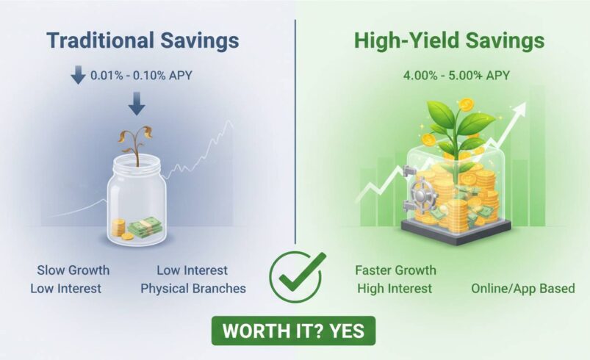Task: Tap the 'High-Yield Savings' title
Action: click(x=449, y=40)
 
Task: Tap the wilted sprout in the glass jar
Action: click(x=136, y=143)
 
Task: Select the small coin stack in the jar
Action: click(x=118, y=227)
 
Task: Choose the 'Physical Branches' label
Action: click(x=193, y=288)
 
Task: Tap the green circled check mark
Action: click(x=298, y=275)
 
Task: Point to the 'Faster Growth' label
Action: click(x=395, y=270)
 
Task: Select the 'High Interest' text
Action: click(x=395, y=288)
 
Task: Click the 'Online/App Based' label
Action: click(x=523, y=288)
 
